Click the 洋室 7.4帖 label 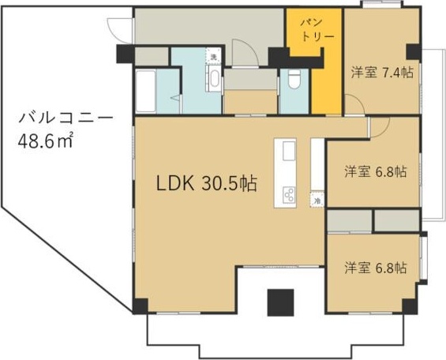(382, 73)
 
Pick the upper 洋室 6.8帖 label (375, 171)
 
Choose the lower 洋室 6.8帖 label (375, 268)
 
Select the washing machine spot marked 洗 (212, 56)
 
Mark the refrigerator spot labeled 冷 (317, 201)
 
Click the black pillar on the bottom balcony (280, 302)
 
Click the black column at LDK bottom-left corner (140, 307)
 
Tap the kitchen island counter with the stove (285, 174)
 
